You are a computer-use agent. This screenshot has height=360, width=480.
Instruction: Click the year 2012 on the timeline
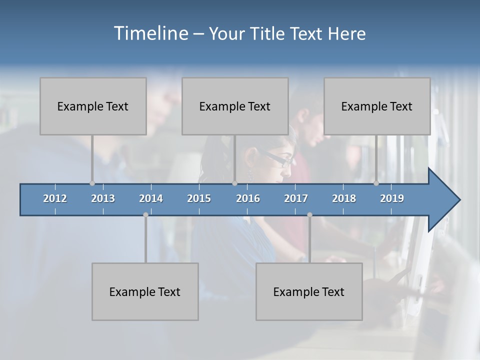(55, 198)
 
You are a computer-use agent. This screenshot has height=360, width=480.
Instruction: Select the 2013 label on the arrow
(103, 198)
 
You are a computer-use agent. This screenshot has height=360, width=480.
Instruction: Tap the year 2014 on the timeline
(151, 198)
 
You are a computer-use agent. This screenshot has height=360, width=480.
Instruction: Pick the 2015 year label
(199, 198)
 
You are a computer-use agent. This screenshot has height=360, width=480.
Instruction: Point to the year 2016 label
(248, 198)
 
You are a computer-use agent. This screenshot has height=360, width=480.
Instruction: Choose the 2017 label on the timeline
(296, 198)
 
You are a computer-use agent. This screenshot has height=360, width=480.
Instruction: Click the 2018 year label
(344, 198)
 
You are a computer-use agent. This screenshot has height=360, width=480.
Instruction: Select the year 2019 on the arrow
(392, 198)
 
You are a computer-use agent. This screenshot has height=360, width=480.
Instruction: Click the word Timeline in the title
(150, 33)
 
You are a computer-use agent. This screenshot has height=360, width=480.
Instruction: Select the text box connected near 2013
(93, 106)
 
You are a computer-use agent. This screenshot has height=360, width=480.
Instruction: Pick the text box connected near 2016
(235, 106)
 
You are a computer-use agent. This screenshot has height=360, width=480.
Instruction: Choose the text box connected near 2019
(377, 106)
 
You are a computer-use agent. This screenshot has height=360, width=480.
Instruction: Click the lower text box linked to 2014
(145, 291)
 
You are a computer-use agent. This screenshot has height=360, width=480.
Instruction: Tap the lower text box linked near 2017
(309, 291)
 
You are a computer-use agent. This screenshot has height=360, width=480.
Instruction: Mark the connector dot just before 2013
(92, 183)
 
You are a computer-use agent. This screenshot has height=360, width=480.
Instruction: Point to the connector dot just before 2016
(234, 183)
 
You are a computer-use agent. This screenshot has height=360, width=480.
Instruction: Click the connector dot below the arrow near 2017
(309, 215)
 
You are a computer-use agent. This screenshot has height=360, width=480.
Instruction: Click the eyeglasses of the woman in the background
(280, 160)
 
